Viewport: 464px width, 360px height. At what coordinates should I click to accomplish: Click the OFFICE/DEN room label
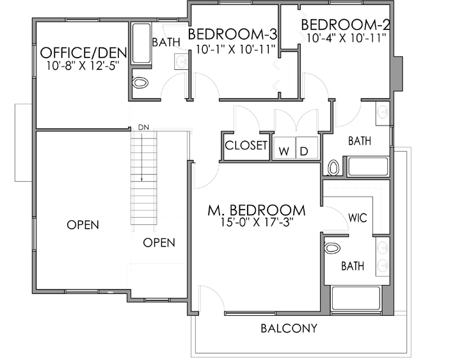[x=83, y=52]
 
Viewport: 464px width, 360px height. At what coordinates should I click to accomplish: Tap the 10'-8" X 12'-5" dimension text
[x=83, y=65]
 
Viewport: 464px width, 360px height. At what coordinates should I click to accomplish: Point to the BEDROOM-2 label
[x=346, y=25]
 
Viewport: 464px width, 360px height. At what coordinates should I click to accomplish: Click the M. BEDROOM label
[x=256, y=210]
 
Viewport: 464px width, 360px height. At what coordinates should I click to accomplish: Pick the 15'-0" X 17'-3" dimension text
[x=256, y=224]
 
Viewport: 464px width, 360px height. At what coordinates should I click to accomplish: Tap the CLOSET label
[x=246, y=145]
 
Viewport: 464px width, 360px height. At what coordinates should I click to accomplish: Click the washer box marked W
[x=284, y=151]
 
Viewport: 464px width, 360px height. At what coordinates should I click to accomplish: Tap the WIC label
[x=357, y=217]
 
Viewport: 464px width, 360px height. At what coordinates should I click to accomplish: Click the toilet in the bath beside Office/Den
[x=140, y=83]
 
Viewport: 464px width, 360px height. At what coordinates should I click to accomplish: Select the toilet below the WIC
[x=332, y=248]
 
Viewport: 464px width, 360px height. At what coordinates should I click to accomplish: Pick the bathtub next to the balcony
[x=356, y=299]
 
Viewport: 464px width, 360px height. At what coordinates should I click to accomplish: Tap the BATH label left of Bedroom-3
[x=165, y=42]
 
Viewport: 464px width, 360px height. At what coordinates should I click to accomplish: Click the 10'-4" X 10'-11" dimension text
[x=346, y=39]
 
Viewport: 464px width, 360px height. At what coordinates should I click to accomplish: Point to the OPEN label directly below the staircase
[x=159, y=243]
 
